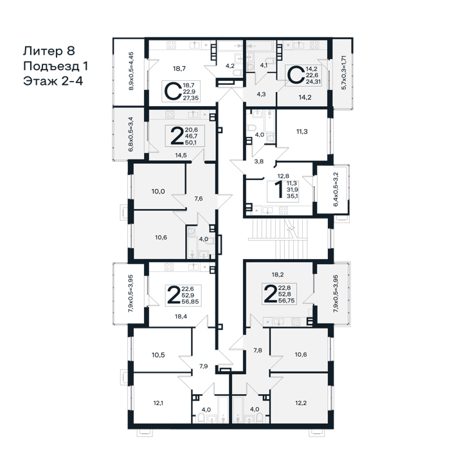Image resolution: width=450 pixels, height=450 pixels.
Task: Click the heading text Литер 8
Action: point(49,51)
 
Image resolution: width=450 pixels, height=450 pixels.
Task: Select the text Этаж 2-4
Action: point(53,81)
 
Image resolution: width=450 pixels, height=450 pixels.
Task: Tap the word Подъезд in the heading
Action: point(51,66)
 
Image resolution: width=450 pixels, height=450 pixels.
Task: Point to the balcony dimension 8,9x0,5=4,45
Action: point(131,71)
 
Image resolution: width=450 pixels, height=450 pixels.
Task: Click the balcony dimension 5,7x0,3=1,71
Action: point(344,72)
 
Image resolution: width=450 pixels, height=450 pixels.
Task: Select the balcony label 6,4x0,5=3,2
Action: point(336,189)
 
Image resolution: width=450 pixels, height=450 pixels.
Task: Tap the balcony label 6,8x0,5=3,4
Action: point(131,134)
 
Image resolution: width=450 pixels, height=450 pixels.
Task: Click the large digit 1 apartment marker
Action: point(278,190)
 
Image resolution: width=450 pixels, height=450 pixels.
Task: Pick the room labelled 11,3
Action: point(302,131)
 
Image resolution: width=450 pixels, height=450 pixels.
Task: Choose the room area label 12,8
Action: point(283,176)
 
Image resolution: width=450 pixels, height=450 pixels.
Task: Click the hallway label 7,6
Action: point(199,198)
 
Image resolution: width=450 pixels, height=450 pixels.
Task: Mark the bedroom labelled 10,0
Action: point(158,191)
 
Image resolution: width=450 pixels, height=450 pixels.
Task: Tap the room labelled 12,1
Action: point(158,403)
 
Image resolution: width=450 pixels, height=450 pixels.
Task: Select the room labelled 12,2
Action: point(301,403)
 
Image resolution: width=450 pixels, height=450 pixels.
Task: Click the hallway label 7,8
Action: point(258,350)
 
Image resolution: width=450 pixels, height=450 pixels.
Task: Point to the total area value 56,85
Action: point(190,301)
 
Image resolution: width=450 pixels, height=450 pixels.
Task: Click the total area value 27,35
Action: point(190,98)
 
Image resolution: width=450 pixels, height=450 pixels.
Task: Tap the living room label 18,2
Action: point(278,274)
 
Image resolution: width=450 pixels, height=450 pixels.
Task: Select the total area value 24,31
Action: point(313,82)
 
